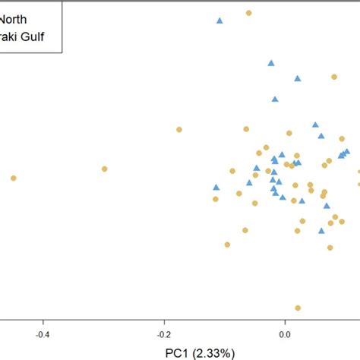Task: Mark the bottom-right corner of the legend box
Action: [x=62, y=52]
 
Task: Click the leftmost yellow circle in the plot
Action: [x=13, y=178]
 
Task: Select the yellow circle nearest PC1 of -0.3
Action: [x=105, y=169]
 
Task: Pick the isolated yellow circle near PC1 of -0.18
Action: [x=179, y=130]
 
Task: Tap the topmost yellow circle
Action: [x=248, y=13]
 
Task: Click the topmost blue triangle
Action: [x=219, y=21]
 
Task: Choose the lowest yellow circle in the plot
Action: [x=298, y=308]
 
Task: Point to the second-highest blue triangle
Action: [x=270, y=63]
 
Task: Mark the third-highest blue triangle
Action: [x=298, y=78]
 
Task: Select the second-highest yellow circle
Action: [x=333, y=77]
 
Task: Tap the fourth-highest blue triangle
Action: [x=275, y=99]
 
